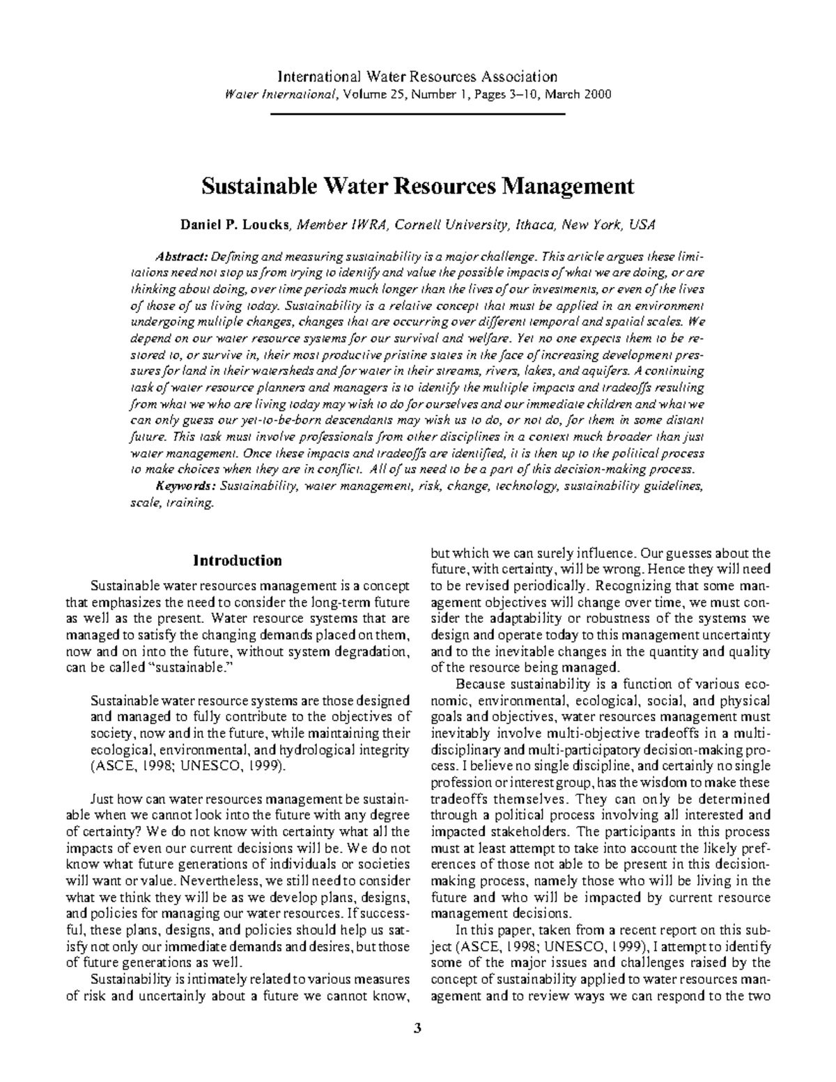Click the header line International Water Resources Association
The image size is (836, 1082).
pyautogui.click(x=417, y=77)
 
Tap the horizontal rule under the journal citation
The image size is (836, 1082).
pyautogui.click(x=417, y=113)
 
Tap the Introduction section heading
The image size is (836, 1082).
pyautogui.click(x=237, y=561)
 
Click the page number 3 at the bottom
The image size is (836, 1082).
pyautogui.click(x=417, y=1028)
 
